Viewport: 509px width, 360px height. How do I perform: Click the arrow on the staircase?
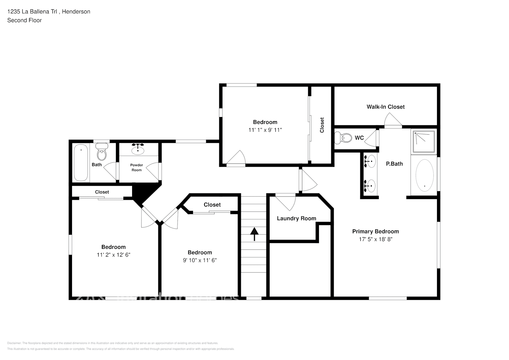[x=254, y=234]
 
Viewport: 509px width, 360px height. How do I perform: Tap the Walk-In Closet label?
[x=386, y=107]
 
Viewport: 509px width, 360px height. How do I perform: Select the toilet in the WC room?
[x=343, y=138]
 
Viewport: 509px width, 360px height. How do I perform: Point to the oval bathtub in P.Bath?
[x=424, y=175]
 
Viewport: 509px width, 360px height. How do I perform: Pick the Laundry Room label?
[x=296, y=219]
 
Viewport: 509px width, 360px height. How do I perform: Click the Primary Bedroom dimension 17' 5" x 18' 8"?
[x=375, y=239]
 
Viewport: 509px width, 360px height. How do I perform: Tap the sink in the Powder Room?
[x=138, y=149]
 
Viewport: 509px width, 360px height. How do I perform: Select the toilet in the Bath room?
[x=102, y=153]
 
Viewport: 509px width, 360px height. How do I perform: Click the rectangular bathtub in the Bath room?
[x=81, y=163]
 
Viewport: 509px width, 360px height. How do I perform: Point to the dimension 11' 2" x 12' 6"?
[x=113, y=255]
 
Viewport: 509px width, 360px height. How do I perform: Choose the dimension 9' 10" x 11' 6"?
[x=200, y=260]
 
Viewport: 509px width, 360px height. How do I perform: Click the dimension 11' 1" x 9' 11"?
[x=265, y=130]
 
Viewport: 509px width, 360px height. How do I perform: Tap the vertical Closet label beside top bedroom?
[x=322, y=125]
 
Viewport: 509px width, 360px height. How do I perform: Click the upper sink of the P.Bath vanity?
[x=370, y=162]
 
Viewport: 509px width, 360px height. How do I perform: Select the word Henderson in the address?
[x=76, y=12]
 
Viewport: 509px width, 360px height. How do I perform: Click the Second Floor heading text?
[x=24, y=20]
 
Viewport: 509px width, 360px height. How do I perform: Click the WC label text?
[x=359, y=138]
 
